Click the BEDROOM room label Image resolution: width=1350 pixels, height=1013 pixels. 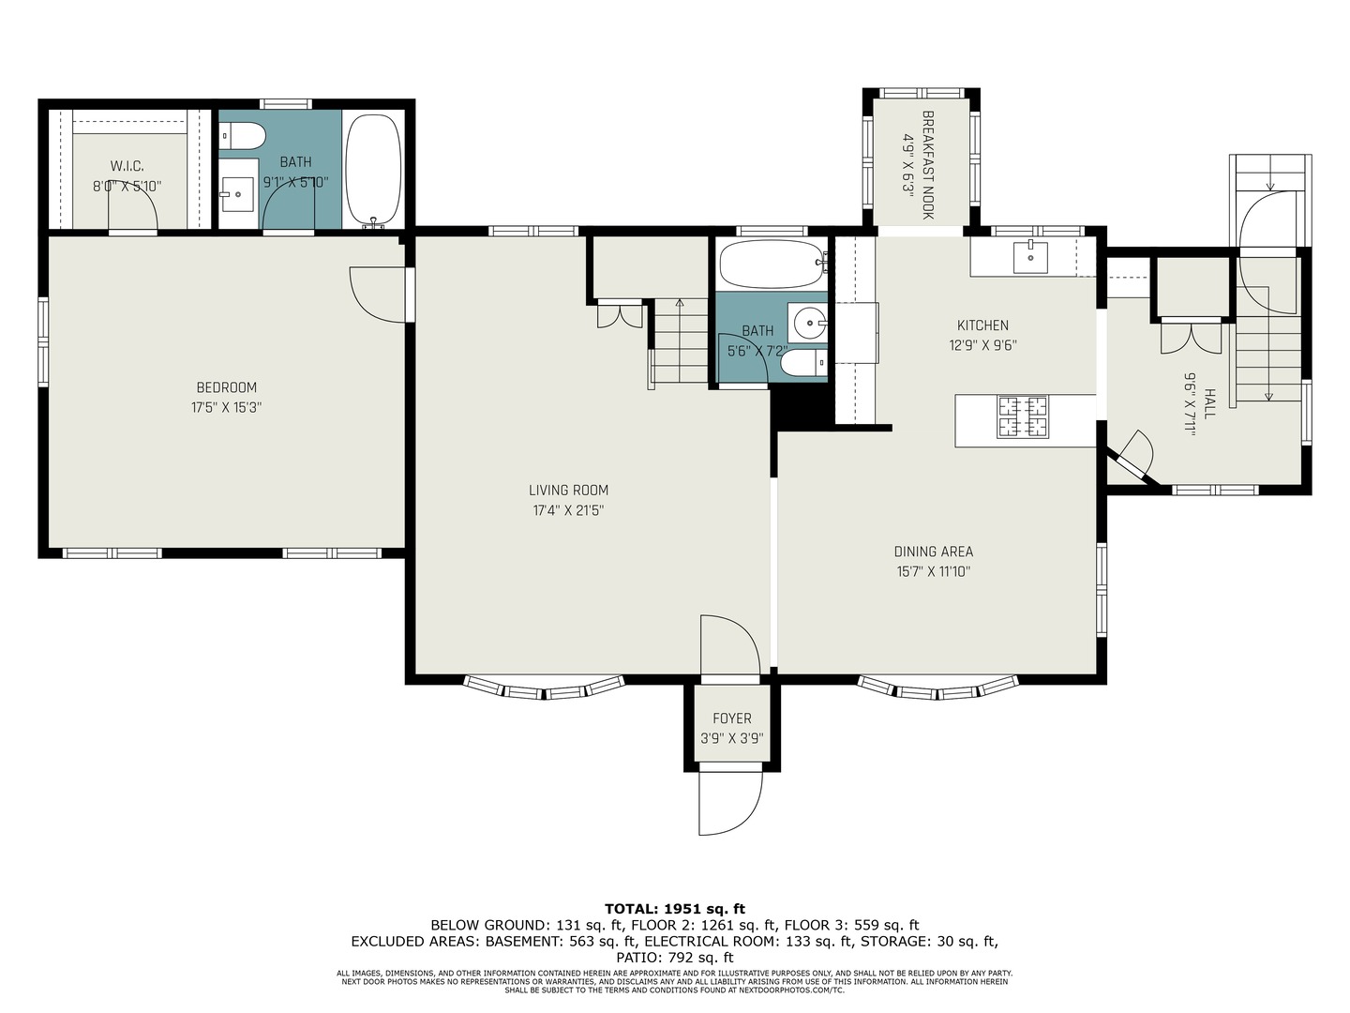(x=226, y=387)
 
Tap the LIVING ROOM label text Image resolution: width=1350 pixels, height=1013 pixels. (x=568, y=490)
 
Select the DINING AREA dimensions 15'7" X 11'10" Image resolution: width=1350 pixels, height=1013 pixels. (x=932, y=571)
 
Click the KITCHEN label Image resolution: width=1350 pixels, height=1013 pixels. (x=982, y=325)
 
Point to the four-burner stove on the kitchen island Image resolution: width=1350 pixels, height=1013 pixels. (x=1022, y=416)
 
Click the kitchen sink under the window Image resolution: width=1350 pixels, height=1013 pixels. (x=1030, y=256)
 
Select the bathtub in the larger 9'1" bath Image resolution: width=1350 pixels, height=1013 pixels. (x=373, y=169)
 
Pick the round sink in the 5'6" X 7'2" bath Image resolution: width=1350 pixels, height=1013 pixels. (x=807, y=324)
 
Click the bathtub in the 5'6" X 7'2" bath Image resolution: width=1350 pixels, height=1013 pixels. (x=771, y=265)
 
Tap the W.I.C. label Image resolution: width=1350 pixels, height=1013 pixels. (x=127, y=166)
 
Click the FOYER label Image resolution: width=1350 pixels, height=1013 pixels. (x=731, y=718)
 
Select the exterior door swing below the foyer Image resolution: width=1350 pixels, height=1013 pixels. (x=730, y=803)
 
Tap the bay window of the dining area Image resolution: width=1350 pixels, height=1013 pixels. (x=938, y=689)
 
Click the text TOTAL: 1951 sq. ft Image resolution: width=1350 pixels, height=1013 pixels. (x=674, y=908)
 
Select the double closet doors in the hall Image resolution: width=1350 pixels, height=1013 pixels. (x=1191, y=336)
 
